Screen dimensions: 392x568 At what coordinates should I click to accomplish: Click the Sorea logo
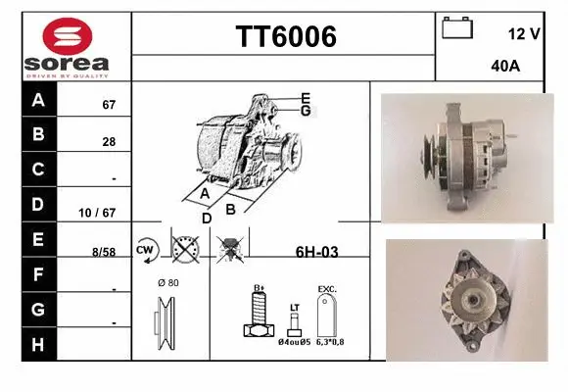pos(66,47)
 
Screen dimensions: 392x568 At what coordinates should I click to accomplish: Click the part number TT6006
pos(286,37)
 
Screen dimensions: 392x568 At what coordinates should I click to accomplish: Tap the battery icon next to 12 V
pos(457,27)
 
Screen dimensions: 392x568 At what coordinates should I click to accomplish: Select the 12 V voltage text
pos(524,33)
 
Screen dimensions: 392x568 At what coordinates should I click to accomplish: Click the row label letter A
pos(38,100)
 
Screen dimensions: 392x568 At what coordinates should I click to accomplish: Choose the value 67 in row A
pos(109,105)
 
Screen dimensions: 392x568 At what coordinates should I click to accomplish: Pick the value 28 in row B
pos(109,141)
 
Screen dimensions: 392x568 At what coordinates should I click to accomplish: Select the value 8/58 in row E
pos(103,252)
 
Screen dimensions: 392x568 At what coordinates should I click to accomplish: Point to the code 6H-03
pos(316,252)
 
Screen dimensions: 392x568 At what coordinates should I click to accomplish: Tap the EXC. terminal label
pos(327,289)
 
